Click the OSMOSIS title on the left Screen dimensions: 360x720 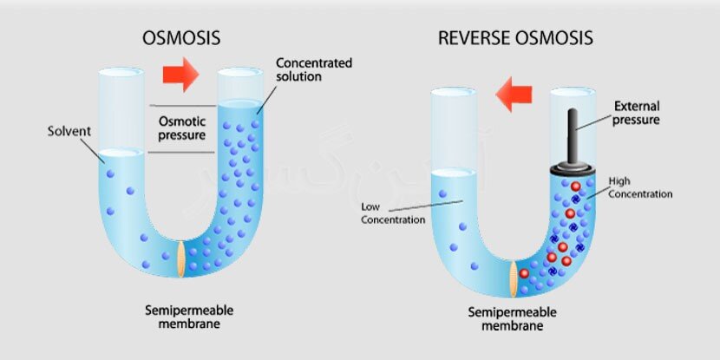coord(180,38)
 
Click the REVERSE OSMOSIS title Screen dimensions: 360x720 coord(515,38)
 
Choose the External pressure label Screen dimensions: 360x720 coord(637,113)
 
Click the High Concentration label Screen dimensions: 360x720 coord(640,187)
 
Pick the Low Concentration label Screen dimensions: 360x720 coord(393,213)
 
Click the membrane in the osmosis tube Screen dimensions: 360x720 coord(181,259)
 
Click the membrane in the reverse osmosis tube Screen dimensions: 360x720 coord(516,277)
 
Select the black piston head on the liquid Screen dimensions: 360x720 coord(573,172)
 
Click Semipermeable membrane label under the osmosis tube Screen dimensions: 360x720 coord(181,317)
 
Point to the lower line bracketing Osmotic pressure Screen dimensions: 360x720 coord(181,154)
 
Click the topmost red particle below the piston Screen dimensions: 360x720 coord(575,187)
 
